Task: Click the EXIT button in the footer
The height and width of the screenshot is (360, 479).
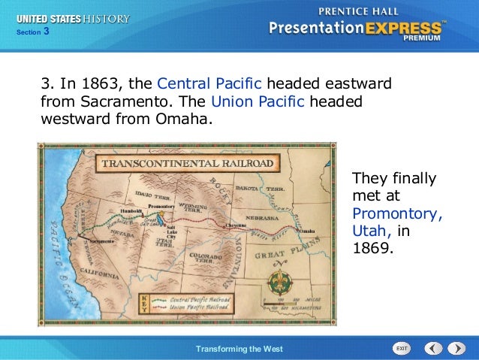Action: coord(402,349)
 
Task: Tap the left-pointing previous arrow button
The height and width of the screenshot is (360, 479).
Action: coord(433,349)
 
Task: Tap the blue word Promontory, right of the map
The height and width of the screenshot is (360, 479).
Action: coord(397,213)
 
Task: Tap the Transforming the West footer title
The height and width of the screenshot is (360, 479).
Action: coord(239,349)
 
